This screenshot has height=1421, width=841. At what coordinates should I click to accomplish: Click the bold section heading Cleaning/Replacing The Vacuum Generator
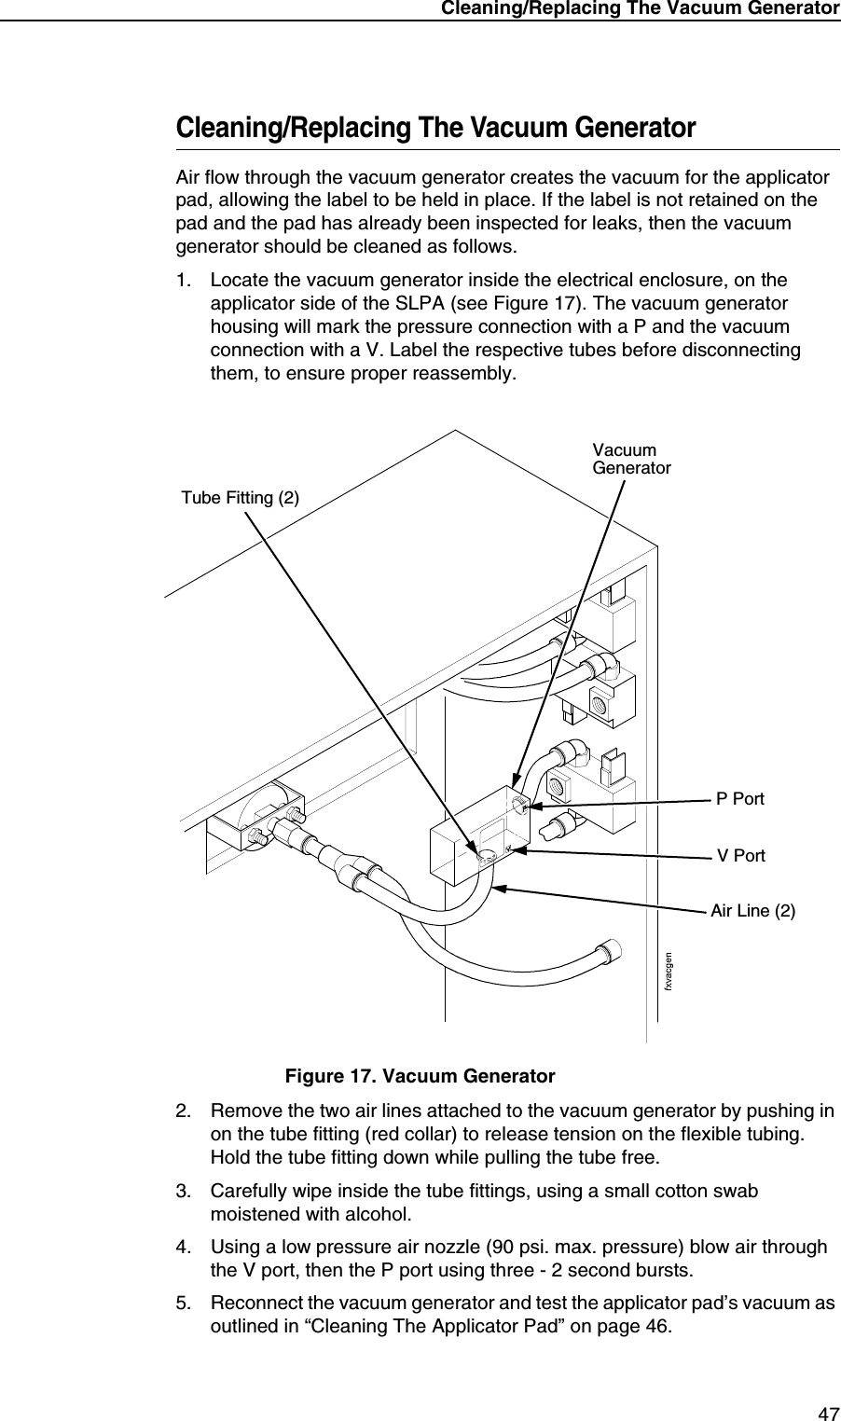(x=436, y=129)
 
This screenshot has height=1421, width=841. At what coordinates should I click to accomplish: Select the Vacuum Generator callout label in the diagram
(x=631, y=459)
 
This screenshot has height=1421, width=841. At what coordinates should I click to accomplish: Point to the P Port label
(x=739, y=799)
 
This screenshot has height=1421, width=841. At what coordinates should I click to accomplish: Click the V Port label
(x=740, y=855)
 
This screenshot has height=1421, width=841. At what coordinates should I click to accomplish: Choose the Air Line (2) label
(x=752, y=910)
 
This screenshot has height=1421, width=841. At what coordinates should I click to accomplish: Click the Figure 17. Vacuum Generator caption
(x=420, y=1077)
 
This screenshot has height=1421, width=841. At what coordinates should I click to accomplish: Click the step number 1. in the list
(x=186, y=281)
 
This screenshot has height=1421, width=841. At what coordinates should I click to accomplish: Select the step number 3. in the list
(x=186, y=1191)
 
